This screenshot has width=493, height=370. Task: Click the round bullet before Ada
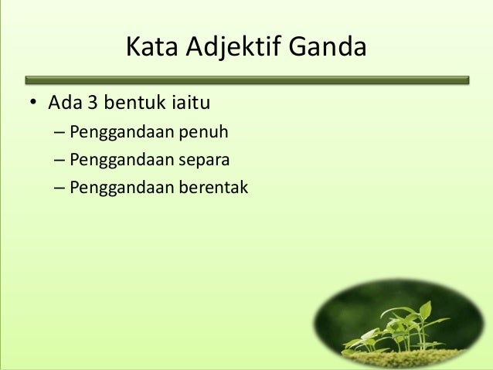[33, 104]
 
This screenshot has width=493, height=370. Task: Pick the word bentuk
[135, 103]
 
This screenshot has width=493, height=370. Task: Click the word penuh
[204, 132]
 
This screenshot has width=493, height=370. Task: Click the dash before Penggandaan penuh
[59, 132]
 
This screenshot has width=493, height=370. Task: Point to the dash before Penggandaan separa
[59, 160]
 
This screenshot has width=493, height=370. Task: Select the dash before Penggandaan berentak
[59, 187]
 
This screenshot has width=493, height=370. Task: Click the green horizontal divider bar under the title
[246, 79]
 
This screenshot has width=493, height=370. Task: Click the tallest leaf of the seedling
[424, 310]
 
